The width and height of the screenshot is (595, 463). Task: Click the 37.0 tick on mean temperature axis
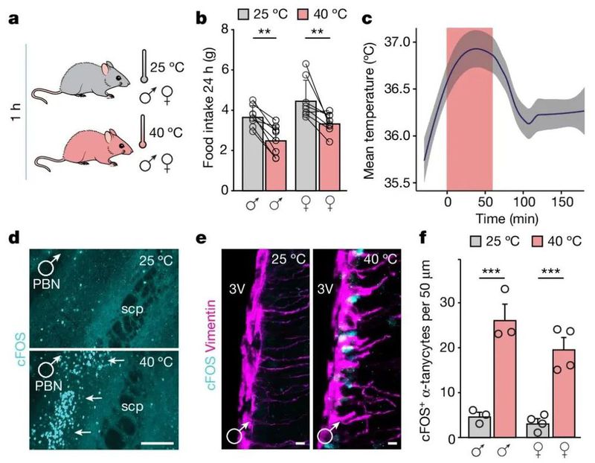[x=396, y=42]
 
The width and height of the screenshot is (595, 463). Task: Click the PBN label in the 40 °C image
[x=48, y=386]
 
